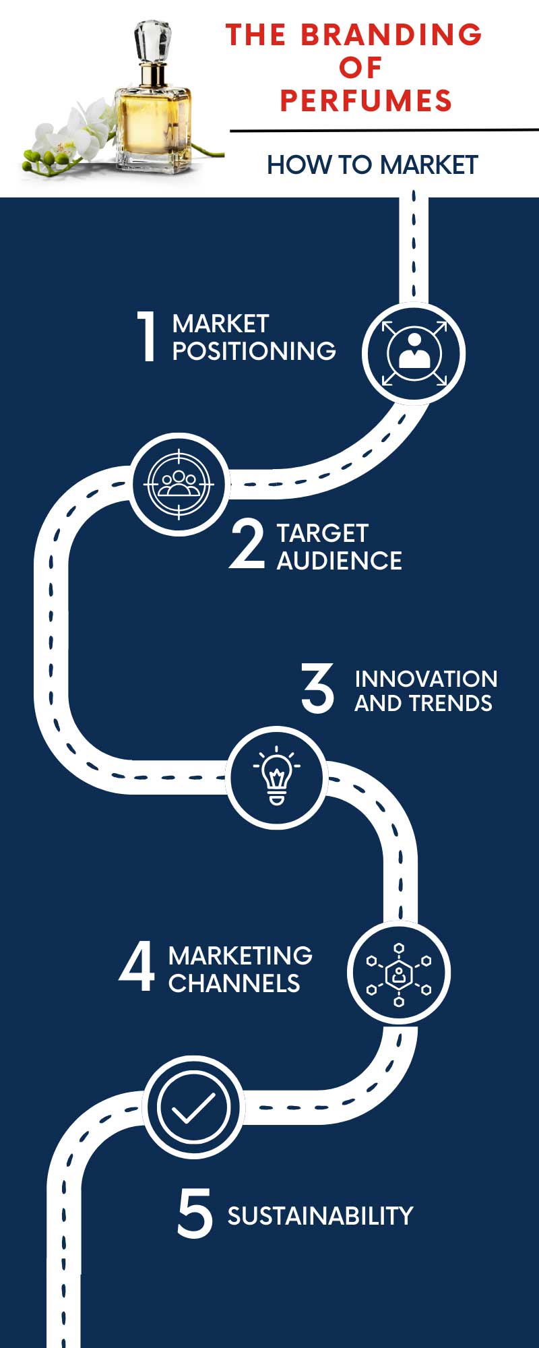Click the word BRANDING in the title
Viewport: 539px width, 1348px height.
(x=391, y=34)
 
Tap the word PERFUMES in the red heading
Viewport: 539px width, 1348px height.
(x=366, y=100)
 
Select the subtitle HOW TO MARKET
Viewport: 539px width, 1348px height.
(x=373, y=164)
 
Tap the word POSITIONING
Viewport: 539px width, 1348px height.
(x=254, y=350)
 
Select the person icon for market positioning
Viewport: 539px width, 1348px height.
(x=414, y=353)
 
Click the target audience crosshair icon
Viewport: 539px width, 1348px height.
(x=179, y=484)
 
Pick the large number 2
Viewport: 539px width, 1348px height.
(x=247, y=545)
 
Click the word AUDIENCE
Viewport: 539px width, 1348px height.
(x=340, y=561)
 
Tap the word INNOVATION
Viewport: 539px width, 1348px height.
(x=426, y=679)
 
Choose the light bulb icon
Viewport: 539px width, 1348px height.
(x=276, y=777)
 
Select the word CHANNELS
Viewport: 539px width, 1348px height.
(x=234, y=983)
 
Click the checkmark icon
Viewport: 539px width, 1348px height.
(x=193, y=1107)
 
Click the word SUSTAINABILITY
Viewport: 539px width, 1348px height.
(x=320, y=1216)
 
